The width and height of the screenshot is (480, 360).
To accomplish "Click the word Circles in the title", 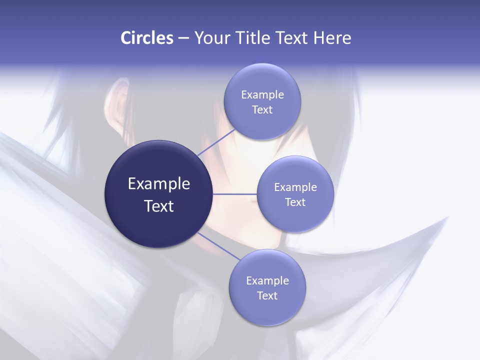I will point(147,38).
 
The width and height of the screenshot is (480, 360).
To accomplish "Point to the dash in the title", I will point(183,38).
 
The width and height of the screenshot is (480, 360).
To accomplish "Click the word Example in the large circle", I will point(159,184).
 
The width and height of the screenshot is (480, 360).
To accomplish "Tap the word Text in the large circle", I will point(159,206).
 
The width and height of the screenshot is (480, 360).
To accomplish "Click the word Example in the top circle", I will point(262,95).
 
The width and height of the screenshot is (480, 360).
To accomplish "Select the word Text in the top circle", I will point(262,110).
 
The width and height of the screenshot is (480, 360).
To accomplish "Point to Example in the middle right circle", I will point(295,187).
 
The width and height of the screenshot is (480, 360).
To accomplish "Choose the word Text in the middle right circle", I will point(295,202).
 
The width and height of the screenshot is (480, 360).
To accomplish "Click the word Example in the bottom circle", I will point(267,281).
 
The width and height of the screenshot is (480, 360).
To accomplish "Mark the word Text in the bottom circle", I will point(267,296).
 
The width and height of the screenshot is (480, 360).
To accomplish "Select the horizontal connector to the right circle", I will point(234,194).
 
